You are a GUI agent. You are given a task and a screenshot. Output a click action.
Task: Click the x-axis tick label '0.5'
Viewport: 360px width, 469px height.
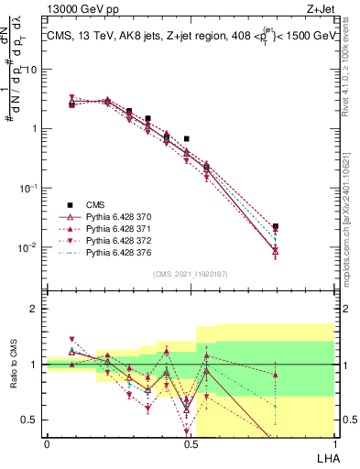[190, 444]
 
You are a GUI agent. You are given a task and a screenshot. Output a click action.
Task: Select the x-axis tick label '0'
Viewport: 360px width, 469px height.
[47, 444]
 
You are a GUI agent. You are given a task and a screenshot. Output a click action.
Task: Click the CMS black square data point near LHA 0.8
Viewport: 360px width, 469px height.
[276, 226]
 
